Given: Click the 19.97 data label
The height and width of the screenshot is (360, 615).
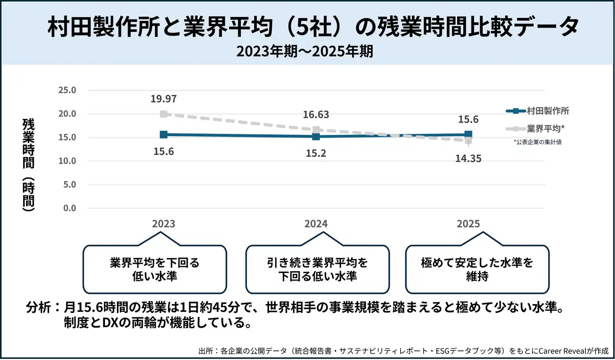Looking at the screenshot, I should [x=163, y=99].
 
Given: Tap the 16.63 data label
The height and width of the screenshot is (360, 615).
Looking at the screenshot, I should [x=316, y=115].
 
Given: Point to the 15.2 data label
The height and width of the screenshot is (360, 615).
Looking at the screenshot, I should [x=316, y=153].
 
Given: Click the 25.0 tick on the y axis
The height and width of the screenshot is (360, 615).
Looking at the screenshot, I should [x=68, y=90].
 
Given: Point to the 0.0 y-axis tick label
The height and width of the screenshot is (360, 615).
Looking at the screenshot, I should [x=70, y=208].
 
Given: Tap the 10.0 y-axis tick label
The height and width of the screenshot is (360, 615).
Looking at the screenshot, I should [x=68, y=161].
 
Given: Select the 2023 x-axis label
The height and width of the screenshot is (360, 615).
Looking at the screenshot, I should [x=163, y=224].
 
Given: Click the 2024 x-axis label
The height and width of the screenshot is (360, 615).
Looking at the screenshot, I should [x=316, y=224].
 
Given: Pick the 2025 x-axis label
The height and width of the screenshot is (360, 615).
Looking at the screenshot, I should [x=468, y=224].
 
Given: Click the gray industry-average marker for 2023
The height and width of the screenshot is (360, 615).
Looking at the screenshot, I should [x=163, y=114].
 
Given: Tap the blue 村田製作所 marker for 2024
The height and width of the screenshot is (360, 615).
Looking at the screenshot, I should [x=316, y=136].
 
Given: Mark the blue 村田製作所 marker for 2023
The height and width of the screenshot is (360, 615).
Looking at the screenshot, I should [x=163, y=134].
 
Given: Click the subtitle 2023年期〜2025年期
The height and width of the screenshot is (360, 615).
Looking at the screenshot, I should [x=307, y=51].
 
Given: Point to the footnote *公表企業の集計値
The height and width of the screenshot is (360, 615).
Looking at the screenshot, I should [x=538, y=142].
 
